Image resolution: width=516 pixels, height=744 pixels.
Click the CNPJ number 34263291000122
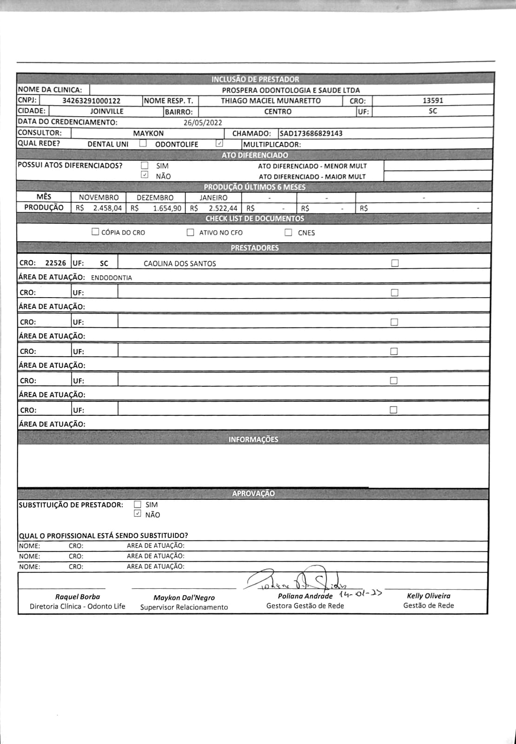coord(92,101)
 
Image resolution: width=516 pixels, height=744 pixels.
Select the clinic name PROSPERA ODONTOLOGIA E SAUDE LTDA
coord(291,90)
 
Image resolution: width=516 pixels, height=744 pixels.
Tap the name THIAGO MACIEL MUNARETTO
coord(271,101)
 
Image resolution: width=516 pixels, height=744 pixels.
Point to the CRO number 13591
coord(433,100)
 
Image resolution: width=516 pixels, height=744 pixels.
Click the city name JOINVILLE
coord(107,112)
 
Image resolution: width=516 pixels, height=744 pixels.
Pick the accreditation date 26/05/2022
coord(203,123)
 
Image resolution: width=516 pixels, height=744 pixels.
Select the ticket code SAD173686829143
coord(311,133)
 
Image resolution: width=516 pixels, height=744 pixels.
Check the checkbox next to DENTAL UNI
coord(143,144)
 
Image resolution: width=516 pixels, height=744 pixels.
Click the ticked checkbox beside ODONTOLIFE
coord(219,144)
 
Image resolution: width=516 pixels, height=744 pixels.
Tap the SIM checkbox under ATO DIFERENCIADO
coord(145,166)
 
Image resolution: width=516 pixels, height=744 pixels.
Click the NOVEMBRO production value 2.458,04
coord(107,208)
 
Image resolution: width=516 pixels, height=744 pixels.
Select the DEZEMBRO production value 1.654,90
coord(167,208)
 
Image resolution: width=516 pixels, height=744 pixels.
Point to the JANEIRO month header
coord(213,198)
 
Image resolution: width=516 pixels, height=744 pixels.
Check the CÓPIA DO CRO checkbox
coord(95,232)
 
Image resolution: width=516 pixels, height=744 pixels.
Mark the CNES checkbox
coord(289,232)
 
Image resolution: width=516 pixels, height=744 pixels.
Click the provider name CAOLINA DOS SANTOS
coord(180,264)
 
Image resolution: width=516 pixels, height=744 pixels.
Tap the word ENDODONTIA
coord(112,278)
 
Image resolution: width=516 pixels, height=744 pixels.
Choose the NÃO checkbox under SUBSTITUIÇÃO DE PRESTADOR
coord(137,514)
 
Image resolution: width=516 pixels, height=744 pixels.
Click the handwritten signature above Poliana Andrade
coord(298,579)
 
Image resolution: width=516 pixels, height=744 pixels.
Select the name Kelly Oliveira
coord(429,596)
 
